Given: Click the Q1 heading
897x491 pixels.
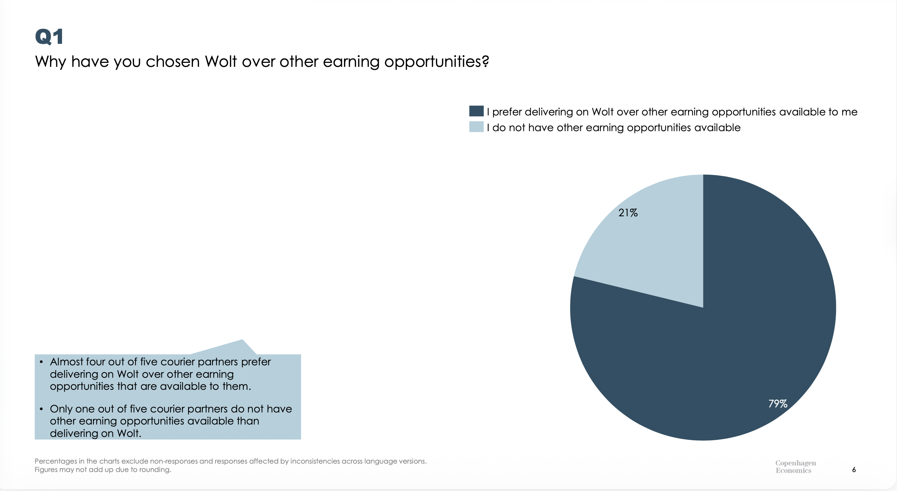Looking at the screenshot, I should (x=49, y=37).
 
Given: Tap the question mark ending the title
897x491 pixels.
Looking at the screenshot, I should (x=485, y=61).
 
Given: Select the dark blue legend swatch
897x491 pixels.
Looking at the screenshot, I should (x=476, y=111).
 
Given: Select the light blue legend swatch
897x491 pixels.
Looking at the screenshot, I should (x=476, y=127).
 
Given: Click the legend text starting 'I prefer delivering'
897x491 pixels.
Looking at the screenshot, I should (x=672, y=112).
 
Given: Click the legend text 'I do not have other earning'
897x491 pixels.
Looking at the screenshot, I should (x=614, y=127).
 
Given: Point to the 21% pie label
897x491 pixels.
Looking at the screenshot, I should (x=628, y=213).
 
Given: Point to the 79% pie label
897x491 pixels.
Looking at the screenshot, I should (x=778, y=404).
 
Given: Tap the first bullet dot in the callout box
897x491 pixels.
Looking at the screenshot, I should (x=41, y=362).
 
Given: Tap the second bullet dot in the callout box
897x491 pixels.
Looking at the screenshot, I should (x=41, y=409).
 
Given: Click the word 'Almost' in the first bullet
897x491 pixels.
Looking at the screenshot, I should (x=66, y=362).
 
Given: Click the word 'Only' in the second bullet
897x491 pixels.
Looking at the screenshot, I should (x=61, y=409).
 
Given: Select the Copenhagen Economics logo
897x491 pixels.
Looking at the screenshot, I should (x=795, y=467).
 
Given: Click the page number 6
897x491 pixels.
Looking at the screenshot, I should (x=854, y=469).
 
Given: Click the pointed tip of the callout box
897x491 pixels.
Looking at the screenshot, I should (x=242, y=340).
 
